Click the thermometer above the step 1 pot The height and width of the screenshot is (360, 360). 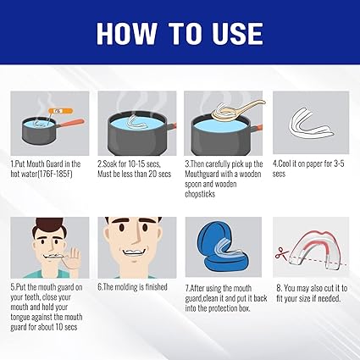tap(58, 108)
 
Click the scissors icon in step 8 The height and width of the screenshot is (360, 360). tap(278, 252)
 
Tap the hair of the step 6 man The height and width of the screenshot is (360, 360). tap(132, 222)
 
